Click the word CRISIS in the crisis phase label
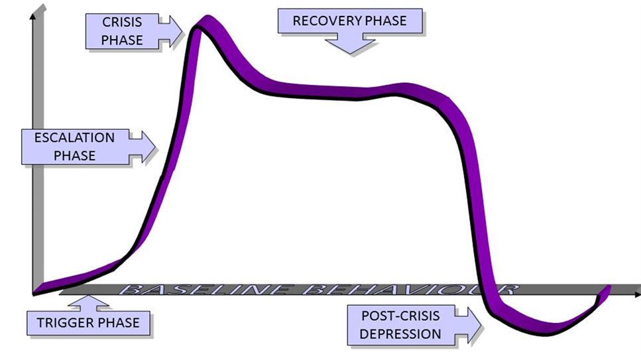[x=122, y=22]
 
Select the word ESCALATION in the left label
[x=74, y=137]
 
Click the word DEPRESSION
[x=400, y=334]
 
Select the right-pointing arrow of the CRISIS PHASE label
[x=171, y=32]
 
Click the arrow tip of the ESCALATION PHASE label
[x=156, y=147]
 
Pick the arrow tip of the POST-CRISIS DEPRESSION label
[x=481, y=326]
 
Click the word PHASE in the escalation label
[x=74, y=155]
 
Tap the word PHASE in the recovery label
[x=386, y=21]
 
